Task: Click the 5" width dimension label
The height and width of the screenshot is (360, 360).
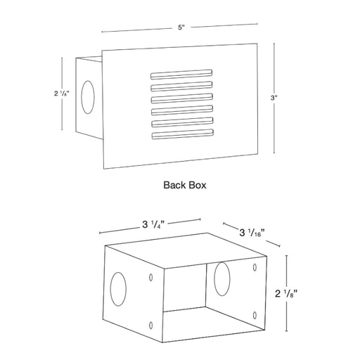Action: (181, 27)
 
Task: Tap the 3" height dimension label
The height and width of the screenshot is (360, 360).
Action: (274, 98)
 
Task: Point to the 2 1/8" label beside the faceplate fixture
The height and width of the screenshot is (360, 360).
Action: (62, 94)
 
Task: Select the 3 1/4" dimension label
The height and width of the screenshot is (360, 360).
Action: (153, 225)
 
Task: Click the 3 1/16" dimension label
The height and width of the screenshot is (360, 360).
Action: (252, 233)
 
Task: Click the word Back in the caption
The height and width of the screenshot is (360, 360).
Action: (173, 185)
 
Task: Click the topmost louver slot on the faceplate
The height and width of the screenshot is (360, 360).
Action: (181, 75)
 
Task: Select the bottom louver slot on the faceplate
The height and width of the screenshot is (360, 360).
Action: (183, 134)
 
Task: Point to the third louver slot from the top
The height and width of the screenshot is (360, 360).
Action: (182, 98)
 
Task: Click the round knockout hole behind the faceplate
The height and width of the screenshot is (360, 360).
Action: (88, 97)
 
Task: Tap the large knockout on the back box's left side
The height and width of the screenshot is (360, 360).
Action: (118, 289)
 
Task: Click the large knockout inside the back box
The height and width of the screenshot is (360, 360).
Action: (222, 279)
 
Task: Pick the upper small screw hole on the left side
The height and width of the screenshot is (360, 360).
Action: (151, 278)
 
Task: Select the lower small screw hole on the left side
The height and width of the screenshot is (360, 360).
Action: (151, 325)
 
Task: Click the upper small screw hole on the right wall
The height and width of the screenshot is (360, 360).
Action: (255, 267)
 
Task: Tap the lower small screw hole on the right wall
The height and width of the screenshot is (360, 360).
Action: (255, 315)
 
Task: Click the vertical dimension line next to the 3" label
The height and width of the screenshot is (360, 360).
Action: (274, 98)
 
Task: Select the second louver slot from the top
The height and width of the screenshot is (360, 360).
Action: (181, 86)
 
